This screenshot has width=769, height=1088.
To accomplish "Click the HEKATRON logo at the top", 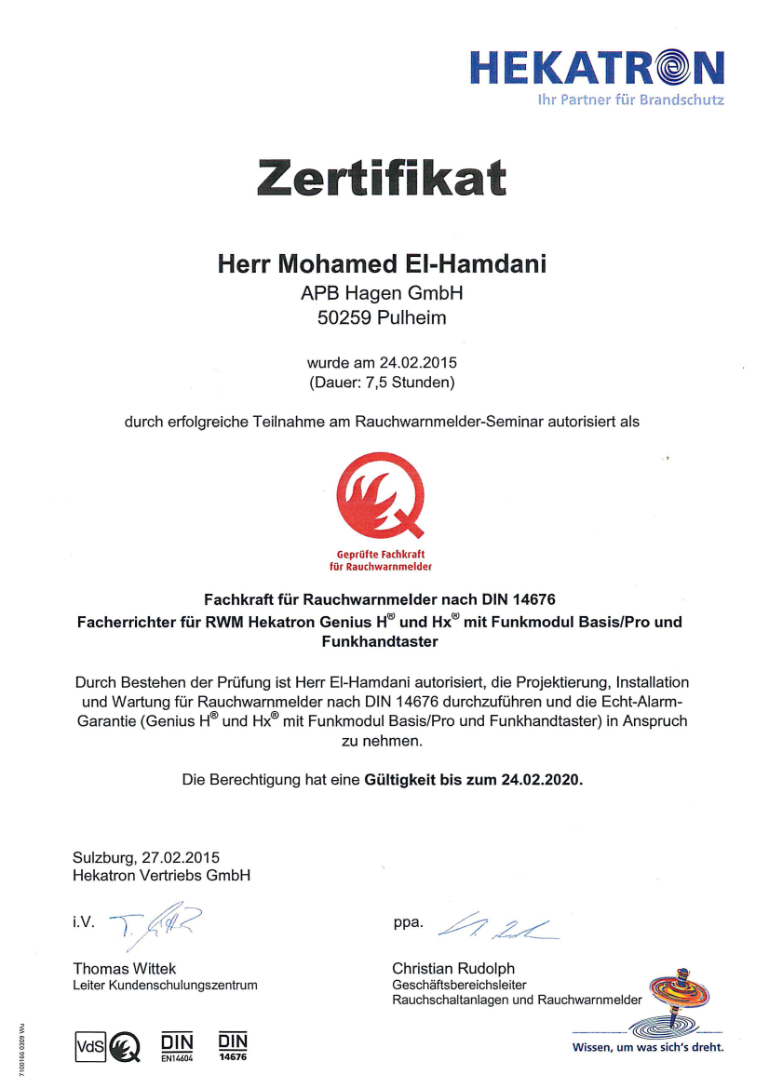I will (596, 68).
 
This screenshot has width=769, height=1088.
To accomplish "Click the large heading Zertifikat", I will (383, 177).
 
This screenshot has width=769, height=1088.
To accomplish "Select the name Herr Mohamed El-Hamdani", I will (382, 264).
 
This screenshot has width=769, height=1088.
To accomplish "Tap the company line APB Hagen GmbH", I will (382, 293).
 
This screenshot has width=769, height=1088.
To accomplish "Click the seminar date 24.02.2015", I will (416, 362).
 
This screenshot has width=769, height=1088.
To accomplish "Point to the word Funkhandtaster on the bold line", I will (380, 641).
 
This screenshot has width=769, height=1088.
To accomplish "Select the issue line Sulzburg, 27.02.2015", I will (146, 857).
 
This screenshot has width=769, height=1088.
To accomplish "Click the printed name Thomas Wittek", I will (124, 969).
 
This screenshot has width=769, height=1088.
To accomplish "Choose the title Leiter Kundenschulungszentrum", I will (165, 985).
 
